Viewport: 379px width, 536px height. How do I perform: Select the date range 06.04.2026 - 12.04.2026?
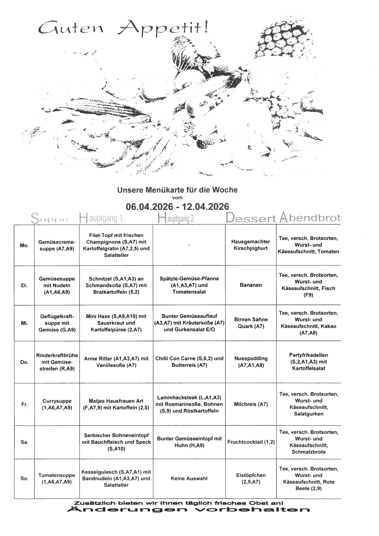point(177,206)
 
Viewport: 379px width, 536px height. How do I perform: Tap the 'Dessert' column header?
point(250,218)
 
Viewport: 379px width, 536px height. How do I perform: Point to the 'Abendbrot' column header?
point(310,218)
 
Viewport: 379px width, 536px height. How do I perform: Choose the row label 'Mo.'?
point(24,245)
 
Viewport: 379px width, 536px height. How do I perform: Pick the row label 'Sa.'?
point(24,442)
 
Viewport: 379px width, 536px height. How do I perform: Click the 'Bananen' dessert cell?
point(250,285)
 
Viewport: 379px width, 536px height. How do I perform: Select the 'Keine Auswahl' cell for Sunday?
point(189,478)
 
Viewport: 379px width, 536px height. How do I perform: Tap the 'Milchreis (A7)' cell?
point(250,404)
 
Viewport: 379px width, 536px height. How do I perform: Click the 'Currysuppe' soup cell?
point(57,404)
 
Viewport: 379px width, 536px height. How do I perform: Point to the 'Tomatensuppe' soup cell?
point(57,478)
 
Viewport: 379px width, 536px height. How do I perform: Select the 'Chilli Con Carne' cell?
point(189,362)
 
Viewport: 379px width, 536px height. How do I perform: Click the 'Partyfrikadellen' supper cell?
point(308,362)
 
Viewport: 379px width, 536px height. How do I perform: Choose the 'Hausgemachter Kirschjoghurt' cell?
point(250,245)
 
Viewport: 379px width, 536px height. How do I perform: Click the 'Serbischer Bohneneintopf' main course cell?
point(116,442)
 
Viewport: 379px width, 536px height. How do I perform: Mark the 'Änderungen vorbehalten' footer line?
point(188,510)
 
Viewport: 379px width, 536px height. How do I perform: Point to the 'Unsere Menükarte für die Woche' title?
point(177,190)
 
